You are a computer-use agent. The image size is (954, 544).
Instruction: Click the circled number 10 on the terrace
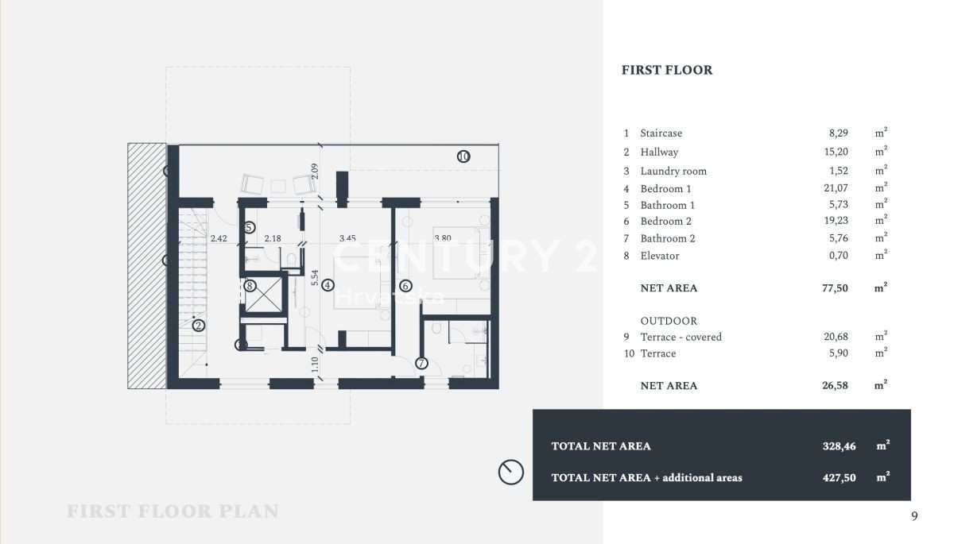[x=463, y=156]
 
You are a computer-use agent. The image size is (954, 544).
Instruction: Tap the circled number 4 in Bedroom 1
[x=328, y=285]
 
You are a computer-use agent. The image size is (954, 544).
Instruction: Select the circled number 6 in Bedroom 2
[x=405, y=286]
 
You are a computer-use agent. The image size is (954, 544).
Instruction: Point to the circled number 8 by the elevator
[x=250, y=286]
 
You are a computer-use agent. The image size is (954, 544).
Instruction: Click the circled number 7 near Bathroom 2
[x=421, y=363]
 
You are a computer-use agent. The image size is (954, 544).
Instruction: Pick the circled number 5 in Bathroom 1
[x=250, y=228]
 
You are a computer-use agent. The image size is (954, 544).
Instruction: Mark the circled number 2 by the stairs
[x=199, y=326]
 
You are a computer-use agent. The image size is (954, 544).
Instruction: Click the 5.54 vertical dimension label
[x=314, y=277]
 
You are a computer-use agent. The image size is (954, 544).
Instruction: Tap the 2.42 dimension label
[x=219, y=238]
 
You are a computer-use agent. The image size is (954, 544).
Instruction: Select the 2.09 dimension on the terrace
[x=315, y=171]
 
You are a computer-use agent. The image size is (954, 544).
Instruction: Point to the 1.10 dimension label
[x=315, y=365]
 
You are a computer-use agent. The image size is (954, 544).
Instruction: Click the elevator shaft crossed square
[x=264, y=295]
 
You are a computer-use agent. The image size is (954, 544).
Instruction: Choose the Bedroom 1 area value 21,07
[x=836, y=188]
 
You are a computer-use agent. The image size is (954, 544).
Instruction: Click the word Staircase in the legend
[x=661, y=133]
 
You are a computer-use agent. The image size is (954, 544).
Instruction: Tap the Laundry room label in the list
[x=673, y=171]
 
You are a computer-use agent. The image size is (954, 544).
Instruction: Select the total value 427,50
[x=839, y=477]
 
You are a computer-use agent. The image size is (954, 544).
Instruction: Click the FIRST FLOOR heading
[x=667, y=70]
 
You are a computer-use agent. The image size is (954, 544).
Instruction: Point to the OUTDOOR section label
[x=669, y=321]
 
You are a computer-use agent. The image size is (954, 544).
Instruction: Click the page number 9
[x=914, y=516]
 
